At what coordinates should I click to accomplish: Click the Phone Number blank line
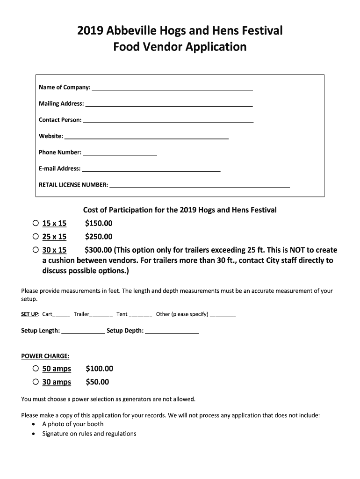point(120,153)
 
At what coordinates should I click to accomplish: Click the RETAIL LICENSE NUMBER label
point(73,185)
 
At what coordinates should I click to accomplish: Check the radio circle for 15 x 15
point(36,223)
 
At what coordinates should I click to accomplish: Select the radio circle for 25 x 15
point(36,236)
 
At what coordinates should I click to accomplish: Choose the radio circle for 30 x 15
point(36,250)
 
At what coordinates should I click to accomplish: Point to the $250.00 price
point(99,237)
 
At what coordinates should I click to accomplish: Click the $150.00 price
point(99,224)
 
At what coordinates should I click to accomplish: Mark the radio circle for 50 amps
point(36,369)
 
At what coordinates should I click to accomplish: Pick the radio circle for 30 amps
point(36,382)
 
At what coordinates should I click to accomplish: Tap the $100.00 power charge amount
point(99,369)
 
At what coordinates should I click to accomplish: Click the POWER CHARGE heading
point(45,356)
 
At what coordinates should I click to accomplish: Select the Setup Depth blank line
point(172,332)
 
